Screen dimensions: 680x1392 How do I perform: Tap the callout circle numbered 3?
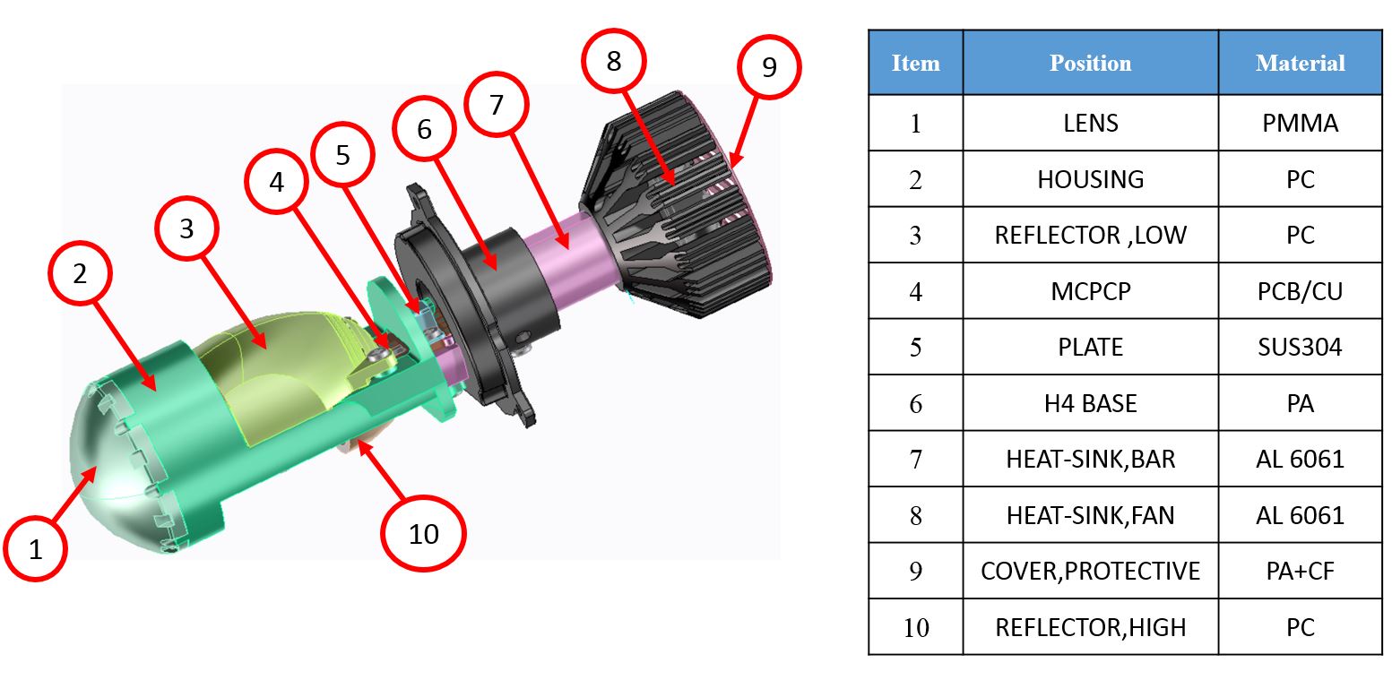[x=186, y=229]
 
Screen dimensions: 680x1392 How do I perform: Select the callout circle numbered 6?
[x=424, y=130]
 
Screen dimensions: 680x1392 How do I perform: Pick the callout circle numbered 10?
[x=423, y=534]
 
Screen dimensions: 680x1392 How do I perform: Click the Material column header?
[x=1300, y=64]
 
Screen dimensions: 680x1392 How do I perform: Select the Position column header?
[x=1090, y=64]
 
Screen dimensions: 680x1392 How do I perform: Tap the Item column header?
[x=915, y=64]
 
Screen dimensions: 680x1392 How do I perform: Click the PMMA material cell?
[x=1300, y=124]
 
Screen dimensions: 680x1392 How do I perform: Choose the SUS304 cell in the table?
[x=1300, y=347]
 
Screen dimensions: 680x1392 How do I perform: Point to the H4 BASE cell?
[x=1090, y=403]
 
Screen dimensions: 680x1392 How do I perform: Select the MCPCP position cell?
[x=1090, y=291]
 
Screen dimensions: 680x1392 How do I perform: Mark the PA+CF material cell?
[x=1300, y=571]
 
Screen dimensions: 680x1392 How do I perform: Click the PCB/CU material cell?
[x=1300, y=291]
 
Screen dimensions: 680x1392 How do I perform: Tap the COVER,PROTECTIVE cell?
[x=1090, y=571]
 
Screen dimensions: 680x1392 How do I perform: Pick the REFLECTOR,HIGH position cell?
[x=1090, y=627]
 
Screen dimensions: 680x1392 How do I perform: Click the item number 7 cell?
[x=915, y=460]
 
